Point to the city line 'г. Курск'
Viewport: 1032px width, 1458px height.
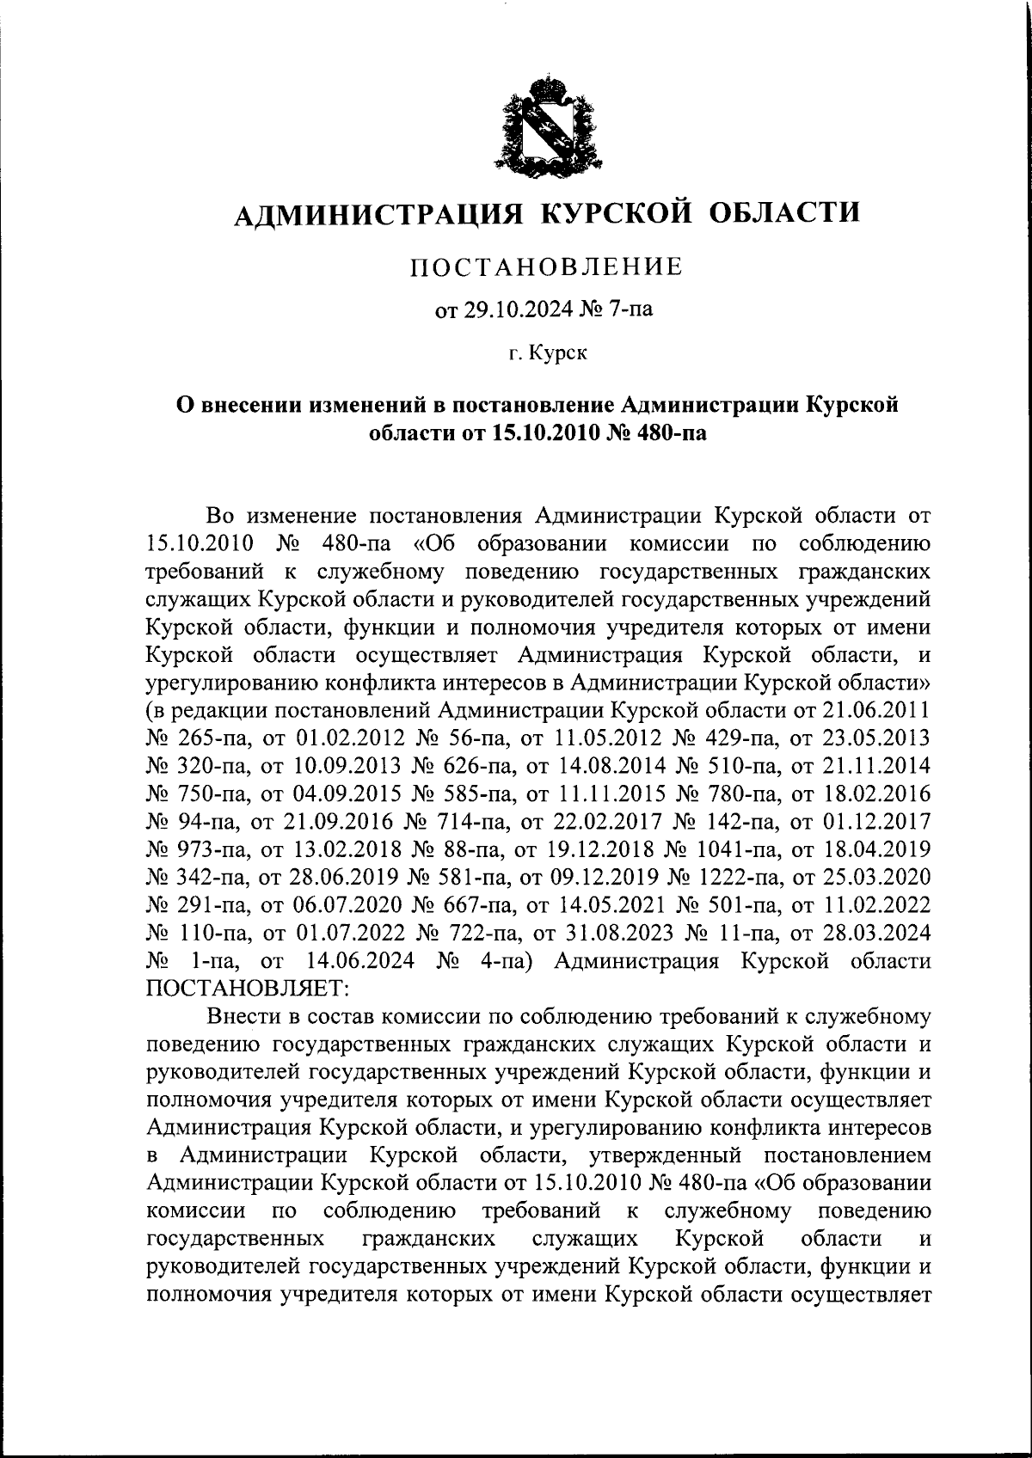click(546, 353)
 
